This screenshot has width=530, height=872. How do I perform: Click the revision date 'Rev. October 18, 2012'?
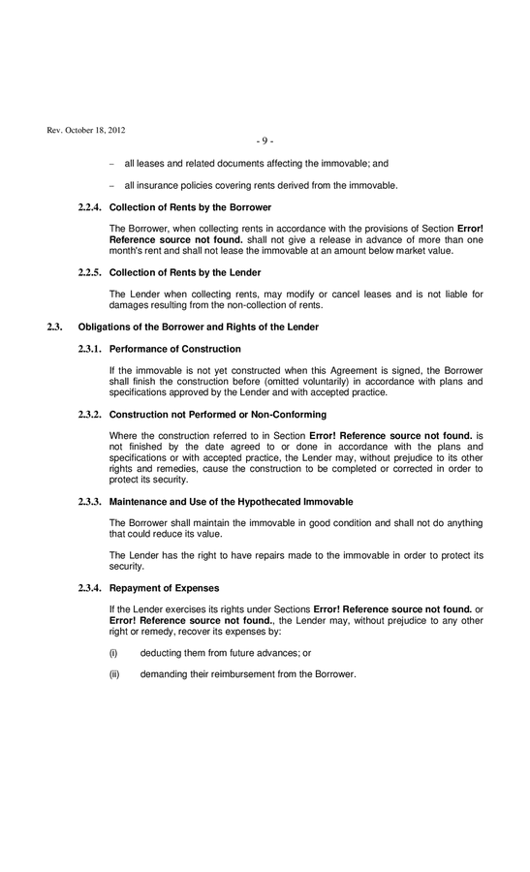pyautogui.click(x=85, y=131)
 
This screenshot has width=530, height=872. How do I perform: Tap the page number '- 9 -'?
pyautogui.click(x=265, y=141)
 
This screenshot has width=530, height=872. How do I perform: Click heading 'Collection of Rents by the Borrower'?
pyautogui.click(x=190, y=207)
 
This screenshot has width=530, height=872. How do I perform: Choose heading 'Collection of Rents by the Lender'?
pyautogui.click(x=185, y=272)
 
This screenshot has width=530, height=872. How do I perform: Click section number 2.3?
pyautogui.click(x=55, y=327)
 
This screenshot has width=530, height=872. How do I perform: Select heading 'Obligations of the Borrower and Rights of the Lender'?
pyautogui.click(x=198, y=327)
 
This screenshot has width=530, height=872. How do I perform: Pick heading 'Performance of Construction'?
pyautogui.click(x=174, y=349)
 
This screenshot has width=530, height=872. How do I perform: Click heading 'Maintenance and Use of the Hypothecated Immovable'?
pyautogui.click(x=231, y=501)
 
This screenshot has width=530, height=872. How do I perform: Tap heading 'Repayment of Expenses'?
pyautogui.click(x=164, y=588)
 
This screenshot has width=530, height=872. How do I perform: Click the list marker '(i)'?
pyautogui.click(x=113, y=653)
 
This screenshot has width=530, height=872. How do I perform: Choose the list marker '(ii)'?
pyautogui.click(x=114, y=674)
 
